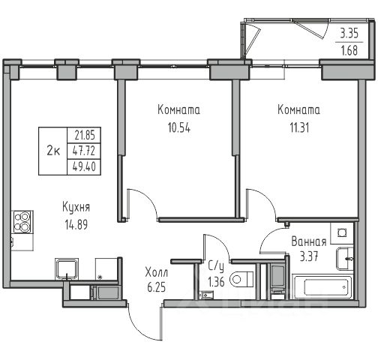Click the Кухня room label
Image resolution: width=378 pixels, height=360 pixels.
[x=76, y=208]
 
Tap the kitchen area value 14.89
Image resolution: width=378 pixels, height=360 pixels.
[x=76, y=224]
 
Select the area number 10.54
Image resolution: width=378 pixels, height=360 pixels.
[x=179, y=127]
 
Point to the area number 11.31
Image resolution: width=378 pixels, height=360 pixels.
[x=299, y=127]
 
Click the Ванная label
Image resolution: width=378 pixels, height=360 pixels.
[x=309, y=241]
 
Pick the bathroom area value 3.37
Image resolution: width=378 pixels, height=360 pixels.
[x=309, y=256]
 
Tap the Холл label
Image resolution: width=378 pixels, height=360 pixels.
[x=157, y=272]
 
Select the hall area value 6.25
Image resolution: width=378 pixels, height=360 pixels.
[x=157, y=287]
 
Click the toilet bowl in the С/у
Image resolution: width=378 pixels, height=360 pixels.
[x=241, y=279]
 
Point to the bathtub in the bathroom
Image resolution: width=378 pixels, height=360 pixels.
[x=322, y=286]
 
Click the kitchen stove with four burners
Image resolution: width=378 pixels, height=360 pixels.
[x=22, y=222]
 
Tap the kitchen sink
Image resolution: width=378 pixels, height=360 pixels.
[x=67, y=269]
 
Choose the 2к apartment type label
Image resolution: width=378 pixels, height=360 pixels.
[x=53, y=151]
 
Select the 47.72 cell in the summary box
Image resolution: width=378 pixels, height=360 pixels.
[x=84, y=151]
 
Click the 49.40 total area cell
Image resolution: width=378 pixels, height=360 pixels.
[x=84, y=166]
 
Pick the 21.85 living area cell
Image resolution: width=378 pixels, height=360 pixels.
[x=85, y=136]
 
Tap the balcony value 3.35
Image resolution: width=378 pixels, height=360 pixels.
[x=349, y=33]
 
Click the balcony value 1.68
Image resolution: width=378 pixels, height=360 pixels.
[x=349, y=51]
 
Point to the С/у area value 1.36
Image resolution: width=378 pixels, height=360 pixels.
[x=216, y=282]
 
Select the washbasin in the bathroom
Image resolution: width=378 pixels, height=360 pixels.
[x=345, y=259]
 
